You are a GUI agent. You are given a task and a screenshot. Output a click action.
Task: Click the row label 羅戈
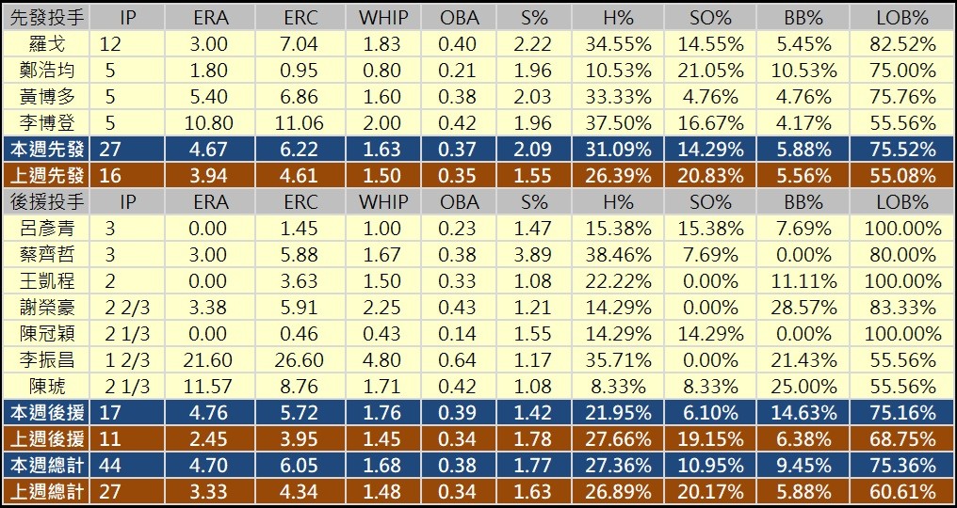pyautogui.click(x=47, y=44)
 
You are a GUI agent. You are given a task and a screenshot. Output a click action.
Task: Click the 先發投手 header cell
pyautogui.click(x=47, y=18)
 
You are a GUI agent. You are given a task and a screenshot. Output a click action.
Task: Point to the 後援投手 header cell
pyautogui.click(x=47, y=202)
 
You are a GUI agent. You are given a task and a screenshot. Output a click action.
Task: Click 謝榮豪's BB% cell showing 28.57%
pyautogui.click(x=798, y=308)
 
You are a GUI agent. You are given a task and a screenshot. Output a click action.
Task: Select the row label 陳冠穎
pyautogui.click(x=47, y=334)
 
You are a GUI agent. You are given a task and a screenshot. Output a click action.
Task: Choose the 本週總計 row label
pyautogui.click(x=47, y=466)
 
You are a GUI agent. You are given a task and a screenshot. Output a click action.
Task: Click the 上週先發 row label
pyautogui.click(x=47, y=176)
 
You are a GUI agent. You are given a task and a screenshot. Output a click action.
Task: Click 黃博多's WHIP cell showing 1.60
pyautogui.click(x=383, y=97)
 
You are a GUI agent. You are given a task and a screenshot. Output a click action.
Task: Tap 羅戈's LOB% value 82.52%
pyautogui.click(x=901, y=44)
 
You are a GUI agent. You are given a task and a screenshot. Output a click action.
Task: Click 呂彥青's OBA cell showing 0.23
pyautogui.click(x=460, y=229)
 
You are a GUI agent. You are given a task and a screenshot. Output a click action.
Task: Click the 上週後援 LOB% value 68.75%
pyautogui.click(x=901, y=439)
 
